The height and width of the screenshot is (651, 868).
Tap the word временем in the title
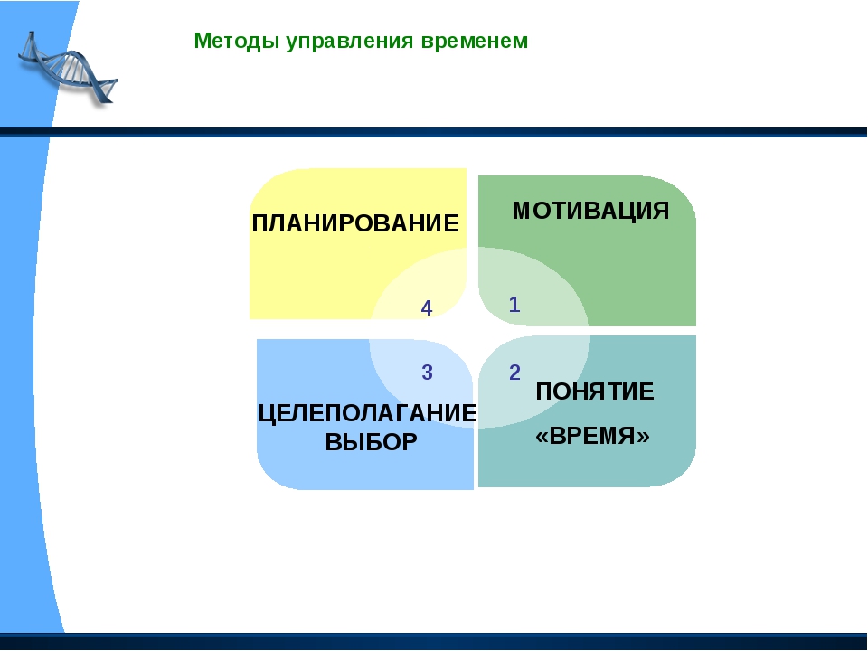click(x=475, y=42)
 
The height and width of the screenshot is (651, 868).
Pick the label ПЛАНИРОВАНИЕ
click(x=355, y=223)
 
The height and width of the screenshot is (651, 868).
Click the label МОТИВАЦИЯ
click(x=590, y=211)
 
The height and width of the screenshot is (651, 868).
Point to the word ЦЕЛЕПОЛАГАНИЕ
click(x=368, y=413)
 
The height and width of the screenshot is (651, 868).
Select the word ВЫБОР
click(x=371, y=442)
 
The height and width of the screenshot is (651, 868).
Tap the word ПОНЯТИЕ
click(x=595, y=392)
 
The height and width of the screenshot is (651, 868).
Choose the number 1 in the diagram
click(x=514, y=305)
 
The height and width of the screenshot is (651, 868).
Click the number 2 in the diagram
click(x=514, y=373)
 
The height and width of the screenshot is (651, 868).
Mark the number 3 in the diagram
click(x=427, y=373)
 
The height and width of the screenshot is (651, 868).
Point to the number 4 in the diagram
click(x=426, y=308)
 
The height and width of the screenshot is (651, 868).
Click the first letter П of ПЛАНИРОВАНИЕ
click(x=260, y=223)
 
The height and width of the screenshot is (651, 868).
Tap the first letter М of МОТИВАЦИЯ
click(x=523, y=211)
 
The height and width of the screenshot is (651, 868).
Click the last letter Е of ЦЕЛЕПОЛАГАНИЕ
click(x=469, y=413)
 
